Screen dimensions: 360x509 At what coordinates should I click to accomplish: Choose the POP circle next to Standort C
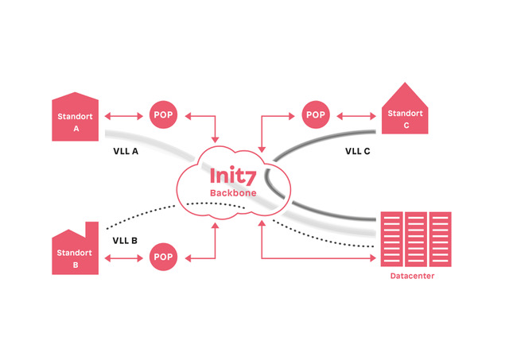point(316,115)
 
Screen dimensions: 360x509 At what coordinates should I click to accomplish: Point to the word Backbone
point(232,193)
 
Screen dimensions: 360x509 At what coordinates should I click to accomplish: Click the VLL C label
point(357,149)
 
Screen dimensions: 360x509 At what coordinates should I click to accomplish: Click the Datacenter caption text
point(412,275)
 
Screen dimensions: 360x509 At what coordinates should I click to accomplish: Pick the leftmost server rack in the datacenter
point(391,238)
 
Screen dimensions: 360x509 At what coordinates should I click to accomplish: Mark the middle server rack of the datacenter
point(416,238)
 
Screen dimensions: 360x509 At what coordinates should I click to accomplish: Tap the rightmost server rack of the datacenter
point(440,238)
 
